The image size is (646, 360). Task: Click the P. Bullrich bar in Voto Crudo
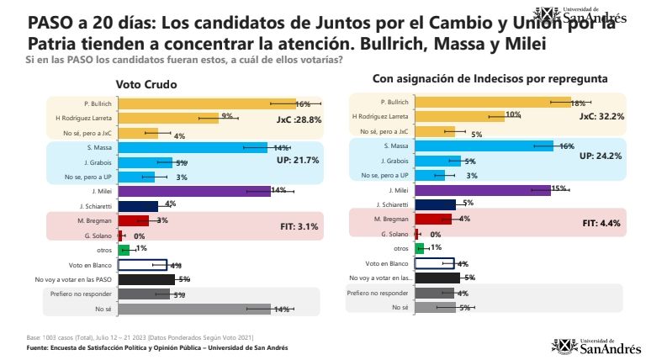tap(206, 103)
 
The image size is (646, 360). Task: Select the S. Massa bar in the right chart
tap(479, 146)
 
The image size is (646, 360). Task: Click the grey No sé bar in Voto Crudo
tap(193, 309)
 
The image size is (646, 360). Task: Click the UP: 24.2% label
tap(601, 156)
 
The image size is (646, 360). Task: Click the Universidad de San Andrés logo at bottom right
tap(593, 344)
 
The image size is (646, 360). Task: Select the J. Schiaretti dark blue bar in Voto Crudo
tap(138, 205)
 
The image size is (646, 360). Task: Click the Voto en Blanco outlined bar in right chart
tap(435, 263)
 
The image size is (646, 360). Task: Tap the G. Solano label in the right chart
tap(394, 234)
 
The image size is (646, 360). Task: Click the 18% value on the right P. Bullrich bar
tap(577, 103)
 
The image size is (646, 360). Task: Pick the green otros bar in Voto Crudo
tap(123, 250)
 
